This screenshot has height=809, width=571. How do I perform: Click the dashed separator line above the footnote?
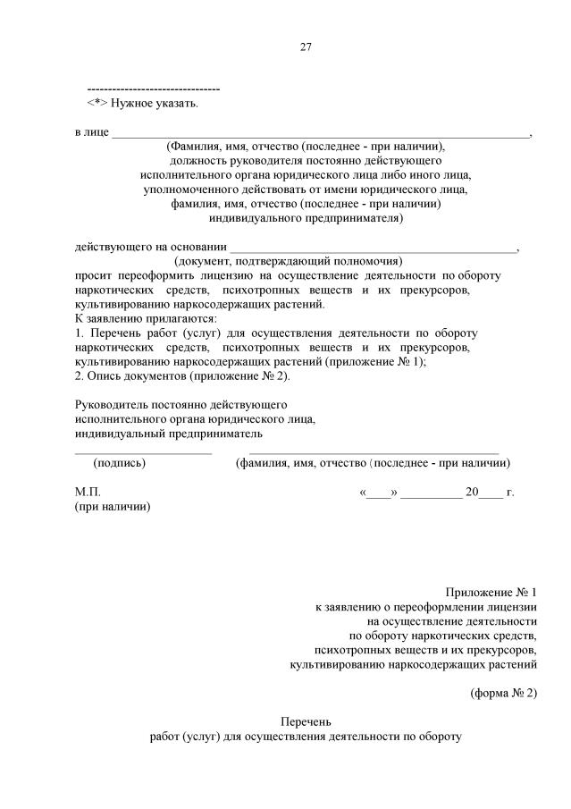tap(153, 90)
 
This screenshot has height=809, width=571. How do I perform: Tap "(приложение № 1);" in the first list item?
tap(376, 362)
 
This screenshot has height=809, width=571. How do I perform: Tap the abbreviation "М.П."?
tap(88, 492)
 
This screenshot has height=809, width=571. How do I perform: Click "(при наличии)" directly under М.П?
tap(113, 507)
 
